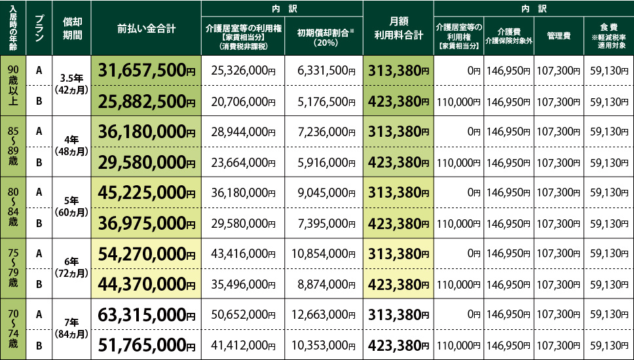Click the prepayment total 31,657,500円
click(x=147, y=71)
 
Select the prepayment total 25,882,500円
click(x=147, y=101)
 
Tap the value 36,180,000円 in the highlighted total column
click(x=147, y=132)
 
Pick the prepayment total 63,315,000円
click(x=147, y=314)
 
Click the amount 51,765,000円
click(x=147, y=345)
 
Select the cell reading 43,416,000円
click(x=242, y=253)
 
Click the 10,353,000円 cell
click(x=324, y=345)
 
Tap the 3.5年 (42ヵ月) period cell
click(x=72, y=86)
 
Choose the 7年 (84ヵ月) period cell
click(x=72, y=329)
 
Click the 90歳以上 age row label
click(x=13, y=86)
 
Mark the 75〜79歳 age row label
click(x=13, y=268)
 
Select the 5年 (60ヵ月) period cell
click(x=72, y=207)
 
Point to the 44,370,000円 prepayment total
click(x=147, y=284)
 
